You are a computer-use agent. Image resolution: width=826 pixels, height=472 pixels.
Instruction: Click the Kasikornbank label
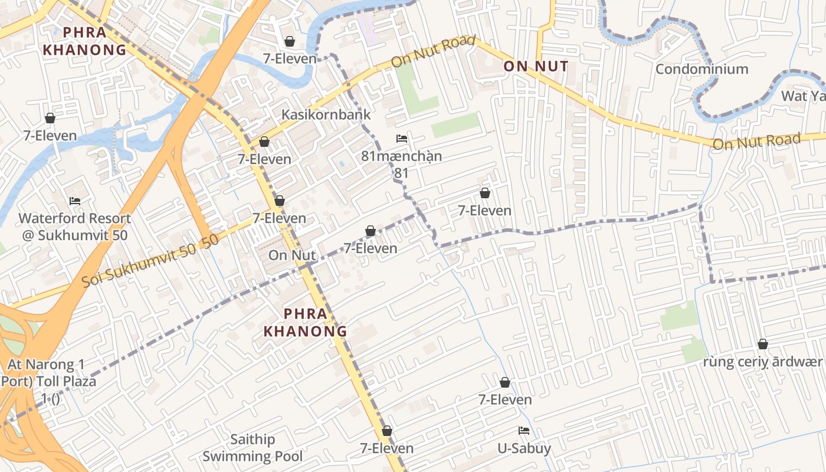[x=326, y=114]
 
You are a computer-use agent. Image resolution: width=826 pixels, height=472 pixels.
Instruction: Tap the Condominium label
[x=702, y=69]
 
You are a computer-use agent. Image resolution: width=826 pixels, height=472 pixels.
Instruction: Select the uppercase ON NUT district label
[x=536, y=66]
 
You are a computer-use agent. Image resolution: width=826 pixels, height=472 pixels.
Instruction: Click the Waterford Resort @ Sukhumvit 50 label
[x=75, y=227]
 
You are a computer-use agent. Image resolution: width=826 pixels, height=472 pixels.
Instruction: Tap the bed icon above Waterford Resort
[x=75, y=201]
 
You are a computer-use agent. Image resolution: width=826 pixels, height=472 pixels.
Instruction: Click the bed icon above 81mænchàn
[x=402, y=139]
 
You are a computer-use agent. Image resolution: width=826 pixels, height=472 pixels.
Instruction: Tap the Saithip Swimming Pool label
[x=253, y=448]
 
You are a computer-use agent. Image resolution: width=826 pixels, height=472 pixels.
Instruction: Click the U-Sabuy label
[x=524, y=448]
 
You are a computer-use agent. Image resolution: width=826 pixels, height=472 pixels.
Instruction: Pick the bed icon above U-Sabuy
[x=523, y=430]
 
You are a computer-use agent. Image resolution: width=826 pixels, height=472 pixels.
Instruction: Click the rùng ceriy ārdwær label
[x=762, y=362]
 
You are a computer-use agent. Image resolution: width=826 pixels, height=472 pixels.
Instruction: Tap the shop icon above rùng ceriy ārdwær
[x=763, y=344]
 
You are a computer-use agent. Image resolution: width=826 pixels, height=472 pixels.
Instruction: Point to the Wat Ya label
[x=803, y=96]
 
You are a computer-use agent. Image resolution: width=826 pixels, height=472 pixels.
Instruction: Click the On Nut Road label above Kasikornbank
[x=433, y=51]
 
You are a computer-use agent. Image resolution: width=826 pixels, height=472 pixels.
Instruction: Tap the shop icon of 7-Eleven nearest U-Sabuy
[x=505, y=382]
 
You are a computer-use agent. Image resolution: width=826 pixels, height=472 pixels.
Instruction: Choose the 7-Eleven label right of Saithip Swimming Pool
[x=387, y=448]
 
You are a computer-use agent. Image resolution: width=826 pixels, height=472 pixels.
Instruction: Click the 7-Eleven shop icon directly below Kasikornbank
[x=264, y=142]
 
